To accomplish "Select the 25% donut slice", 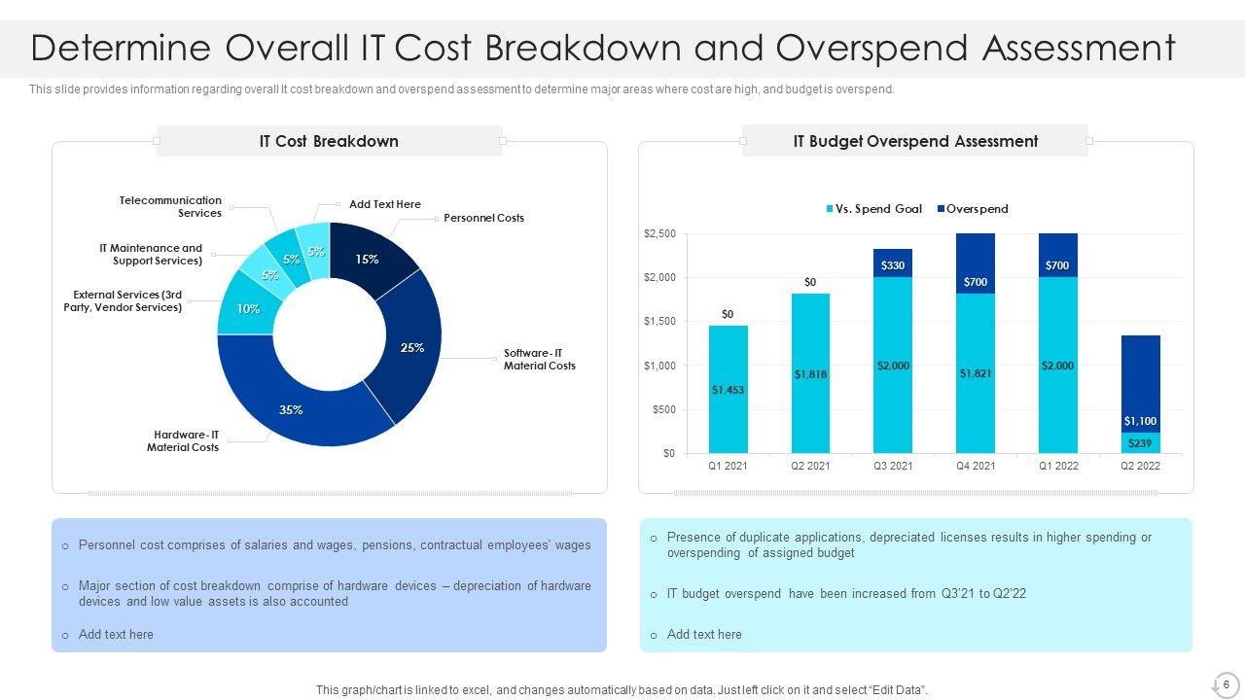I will pyautogui.click(x=413, y=347).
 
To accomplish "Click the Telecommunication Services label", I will pyautogui.click(x=171, y=206).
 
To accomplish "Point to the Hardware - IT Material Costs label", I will pyautogui.click(x=183, y=441).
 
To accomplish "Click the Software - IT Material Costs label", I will pyautogui.click(x=539, y=360).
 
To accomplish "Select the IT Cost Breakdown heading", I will pyautogui.click(x=329, y=141).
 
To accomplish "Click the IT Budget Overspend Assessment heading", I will pyautogui.click(x=915, y=141).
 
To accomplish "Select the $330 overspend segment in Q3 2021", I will pyautogui.click(x=892, y=263).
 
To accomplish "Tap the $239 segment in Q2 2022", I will pyautogui.click(x=1140, y=443).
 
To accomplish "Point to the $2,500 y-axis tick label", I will pyautogui.click(x=659, y=234).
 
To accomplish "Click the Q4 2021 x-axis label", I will pyautogui.click(x=976, y=466).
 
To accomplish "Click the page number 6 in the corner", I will pyautogui.click(x=1226, y=684).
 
